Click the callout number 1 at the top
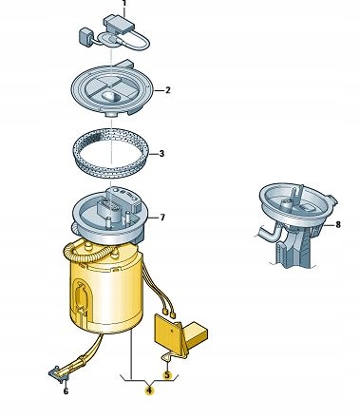pyautogui.click(x=124, y=3)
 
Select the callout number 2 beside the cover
pyautogui.click(x=167, y=90)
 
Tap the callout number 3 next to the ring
pyautogui.click(x=161, y=154)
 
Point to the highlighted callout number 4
pyautogui.click(x=149, y=390)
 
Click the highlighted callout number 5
pyautogui.click(x=166, y=375)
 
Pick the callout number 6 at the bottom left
pyautogui.click(x=66, y=391)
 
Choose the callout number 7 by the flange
pyautogui.click(x=162, y=218)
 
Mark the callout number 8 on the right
pyautogui.click(x=338, y=224)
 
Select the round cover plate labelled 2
pyautogui.click(x=111, y=89)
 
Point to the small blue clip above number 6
pyautogui.click(x=59, y=374)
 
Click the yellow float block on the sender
pyautogui.click(x=198, y=334)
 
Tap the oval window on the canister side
pyautogui.click(x=80, y=296)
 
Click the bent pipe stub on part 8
pyautogui.click(x=268, y=232)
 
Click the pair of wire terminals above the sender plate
pyautogui.click(x=168, y=313)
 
